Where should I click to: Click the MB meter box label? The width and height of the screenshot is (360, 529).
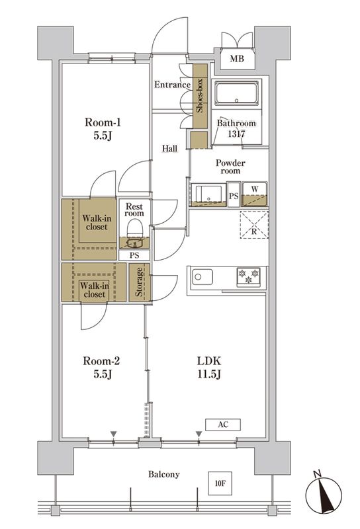click(x=237, y=59)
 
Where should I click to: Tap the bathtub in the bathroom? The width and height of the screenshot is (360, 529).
click(x=237, y=93)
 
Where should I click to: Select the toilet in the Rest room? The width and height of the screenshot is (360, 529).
click(x=134, y=229)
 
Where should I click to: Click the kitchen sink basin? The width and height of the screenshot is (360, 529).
click(x=202, y=277)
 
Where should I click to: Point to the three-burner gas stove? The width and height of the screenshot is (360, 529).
click(x=249, y=277)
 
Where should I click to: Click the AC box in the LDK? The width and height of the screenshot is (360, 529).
click(x=223, y=425)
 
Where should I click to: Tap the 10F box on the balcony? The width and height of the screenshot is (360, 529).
click(x=220, y=483)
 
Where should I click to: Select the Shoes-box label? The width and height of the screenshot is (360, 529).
click(x=199, y=95)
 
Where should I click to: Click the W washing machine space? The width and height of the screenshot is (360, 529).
click(x=255, y=194)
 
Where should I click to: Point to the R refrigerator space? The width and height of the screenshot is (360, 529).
click(x=254, y=225)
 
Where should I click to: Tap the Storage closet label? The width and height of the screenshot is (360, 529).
click(x=139, y=282)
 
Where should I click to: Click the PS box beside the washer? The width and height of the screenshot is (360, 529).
click(x=234, y=195)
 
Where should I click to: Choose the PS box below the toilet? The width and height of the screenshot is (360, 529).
click(x=134, y=255)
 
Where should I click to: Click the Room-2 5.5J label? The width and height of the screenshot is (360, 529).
click(x=101, y=368)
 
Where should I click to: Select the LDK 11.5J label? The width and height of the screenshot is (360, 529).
click(x=209, y=368)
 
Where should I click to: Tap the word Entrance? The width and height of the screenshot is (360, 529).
click(x=172, y=85)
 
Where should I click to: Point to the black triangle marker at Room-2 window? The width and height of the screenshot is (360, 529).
click(x=113, y=434)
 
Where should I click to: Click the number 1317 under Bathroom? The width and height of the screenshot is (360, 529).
click(x=236, y=134)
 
